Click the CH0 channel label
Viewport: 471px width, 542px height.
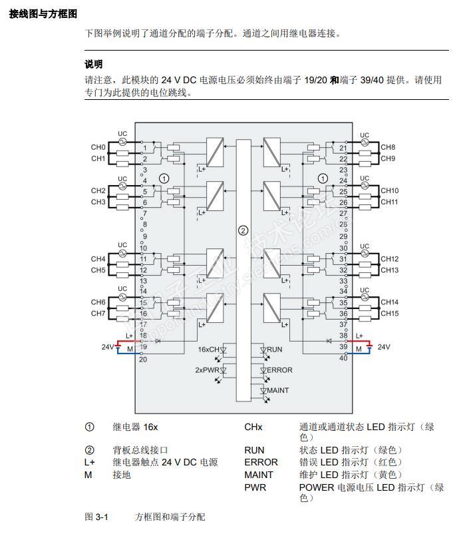tap(98, 147)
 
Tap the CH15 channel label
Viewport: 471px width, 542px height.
tap(389, 314)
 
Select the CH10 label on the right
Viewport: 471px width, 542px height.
tap(389, 190)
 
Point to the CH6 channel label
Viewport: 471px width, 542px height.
tap(98, 302)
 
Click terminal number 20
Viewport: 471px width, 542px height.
tap(143, 360)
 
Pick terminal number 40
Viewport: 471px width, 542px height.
tap(343, 358)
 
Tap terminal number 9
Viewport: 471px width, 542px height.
tap(144, 236)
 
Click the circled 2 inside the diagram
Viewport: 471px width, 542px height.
tap(243, 230)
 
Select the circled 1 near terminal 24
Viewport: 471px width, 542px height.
tap(323, 178)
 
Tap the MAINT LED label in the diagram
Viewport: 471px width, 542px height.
tap(278, 390)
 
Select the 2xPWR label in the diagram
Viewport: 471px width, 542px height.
tap(207, 370)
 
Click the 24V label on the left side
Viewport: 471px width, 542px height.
tap(108, 347)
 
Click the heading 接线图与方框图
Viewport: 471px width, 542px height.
tap(43, 13)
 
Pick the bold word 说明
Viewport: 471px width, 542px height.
tap(94, 65)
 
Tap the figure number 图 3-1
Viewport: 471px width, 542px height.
tap(96, 517)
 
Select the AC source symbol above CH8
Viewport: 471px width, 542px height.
tap(365, 144)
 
